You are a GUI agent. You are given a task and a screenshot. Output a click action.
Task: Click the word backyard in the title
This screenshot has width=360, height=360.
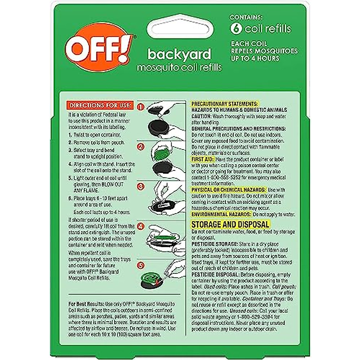[x=179, y=54]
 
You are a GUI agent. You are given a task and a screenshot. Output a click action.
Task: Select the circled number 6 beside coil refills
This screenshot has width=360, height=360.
[x=235, y=28]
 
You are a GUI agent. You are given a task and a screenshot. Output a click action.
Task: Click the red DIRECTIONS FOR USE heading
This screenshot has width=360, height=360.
[x=100, y=105]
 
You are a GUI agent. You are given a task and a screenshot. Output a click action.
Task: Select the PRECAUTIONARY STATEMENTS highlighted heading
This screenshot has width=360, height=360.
[x=224, y=104]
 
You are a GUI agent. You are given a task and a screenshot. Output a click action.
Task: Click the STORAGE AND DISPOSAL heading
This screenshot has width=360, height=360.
[x=230, y=224]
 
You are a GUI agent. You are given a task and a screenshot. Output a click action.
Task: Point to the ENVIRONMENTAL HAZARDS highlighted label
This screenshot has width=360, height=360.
[x=221, y=214]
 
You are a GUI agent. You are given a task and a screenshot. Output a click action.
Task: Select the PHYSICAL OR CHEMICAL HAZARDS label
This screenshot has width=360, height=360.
[x=229, y=190]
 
